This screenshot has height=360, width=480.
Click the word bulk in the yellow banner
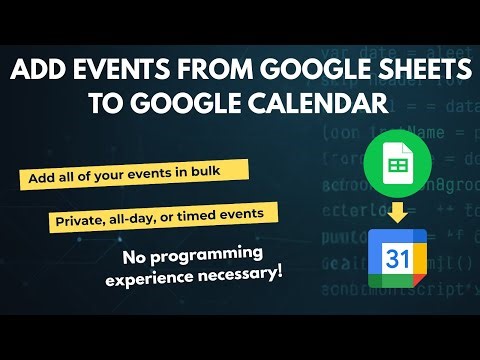click(x=220, y=174)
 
